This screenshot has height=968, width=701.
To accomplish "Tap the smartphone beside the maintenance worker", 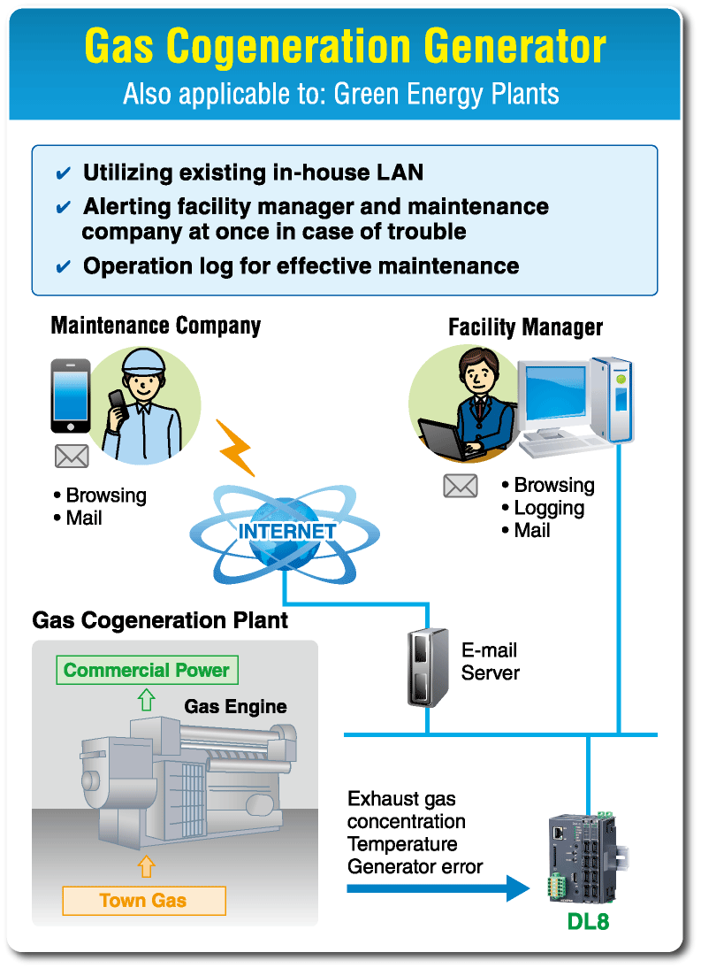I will pos(71,395).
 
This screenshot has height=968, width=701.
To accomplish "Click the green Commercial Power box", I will pos(147,670).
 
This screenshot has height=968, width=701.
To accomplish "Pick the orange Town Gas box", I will pos(143,901).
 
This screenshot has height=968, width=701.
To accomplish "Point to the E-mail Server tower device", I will pos(427,667).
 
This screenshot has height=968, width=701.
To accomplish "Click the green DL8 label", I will pos(587,922).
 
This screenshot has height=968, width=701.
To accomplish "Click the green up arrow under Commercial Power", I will pos(147,700).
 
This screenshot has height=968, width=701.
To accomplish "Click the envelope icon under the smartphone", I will pos(72,457).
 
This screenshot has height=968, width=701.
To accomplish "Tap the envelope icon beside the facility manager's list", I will pos(460,486).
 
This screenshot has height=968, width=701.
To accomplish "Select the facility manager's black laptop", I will pos(446,441).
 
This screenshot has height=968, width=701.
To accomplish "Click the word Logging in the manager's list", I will pos(549,508).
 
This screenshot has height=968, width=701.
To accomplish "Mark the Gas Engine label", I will pos(235,706).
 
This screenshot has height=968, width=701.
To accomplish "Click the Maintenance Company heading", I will pos(156,326).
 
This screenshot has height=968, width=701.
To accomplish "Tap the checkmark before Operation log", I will pos(63,266).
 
